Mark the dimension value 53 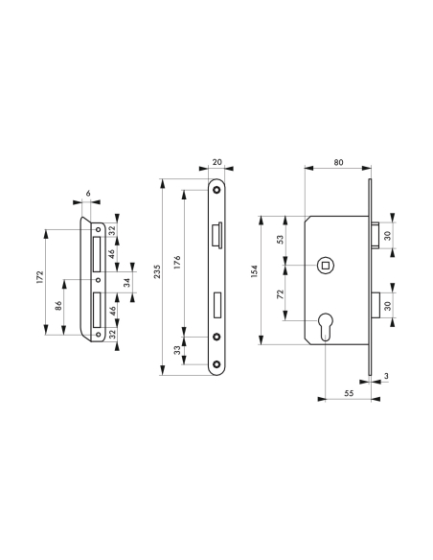click(x=280, y=239)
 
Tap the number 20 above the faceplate click(x=216, y=163)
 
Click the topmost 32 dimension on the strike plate click(x=111, y=231)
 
